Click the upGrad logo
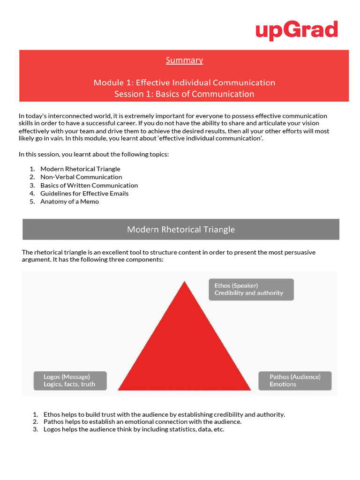pos(296,30)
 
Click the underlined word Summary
pos(184,60)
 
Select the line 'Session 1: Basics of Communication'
pos(184,94)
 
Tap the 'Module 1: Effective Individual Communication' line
pos(184,82)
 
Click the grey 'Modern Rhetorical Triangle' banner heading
pos(181,229)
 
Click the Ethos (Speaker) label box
pos(251,289)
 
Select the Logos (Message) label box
pos(70,381)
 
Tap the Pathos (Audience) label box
pos(295,381)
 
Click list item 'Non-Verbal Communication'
pos(81,177)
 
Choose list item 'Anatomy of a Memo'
pos(69,202)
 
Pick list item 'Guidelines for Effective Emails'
pos(84,194)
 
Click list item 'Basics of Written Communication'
pos(89,185)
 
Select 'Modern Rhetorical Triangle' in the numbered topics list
pos(80,169)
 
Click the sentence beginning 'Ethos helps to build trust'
pos(164,414)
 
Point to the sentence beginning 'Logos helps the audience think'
pos(134,429)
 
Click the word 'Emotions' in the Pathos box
pos(283,384)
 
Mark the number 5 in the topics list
pos(32,202)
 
